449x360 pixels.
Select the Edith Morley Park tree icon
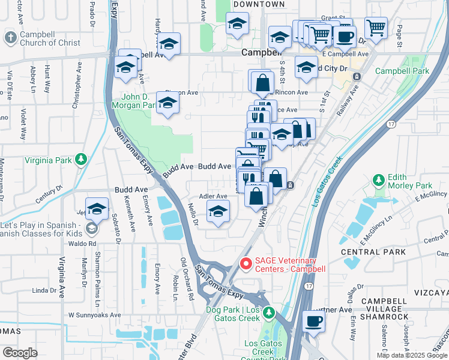click(x=378, y=179)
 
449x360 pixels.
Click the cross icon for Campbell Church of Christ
click(x=10, y=38)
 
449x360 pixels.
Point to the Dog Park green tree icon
click(x=270, y=311)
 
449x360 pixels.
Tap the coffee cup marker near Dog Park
click(x=313, y=321)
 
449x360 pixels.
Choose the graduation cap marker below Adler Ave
click(x=218, y=211)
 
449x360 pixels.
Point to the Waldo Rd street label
click(x=83, y=244)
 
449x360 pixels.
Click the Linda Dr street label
click(x=44, y=290)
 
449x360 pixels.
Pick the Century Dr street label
click(x=49, y=196)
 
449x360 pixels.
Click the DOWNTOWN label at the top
click(x=259, y=4)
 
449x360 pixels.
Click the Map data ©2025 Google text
click(x=412, y=355)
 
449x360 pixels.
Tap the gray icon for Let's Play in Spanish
click(x=91, y=228)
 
